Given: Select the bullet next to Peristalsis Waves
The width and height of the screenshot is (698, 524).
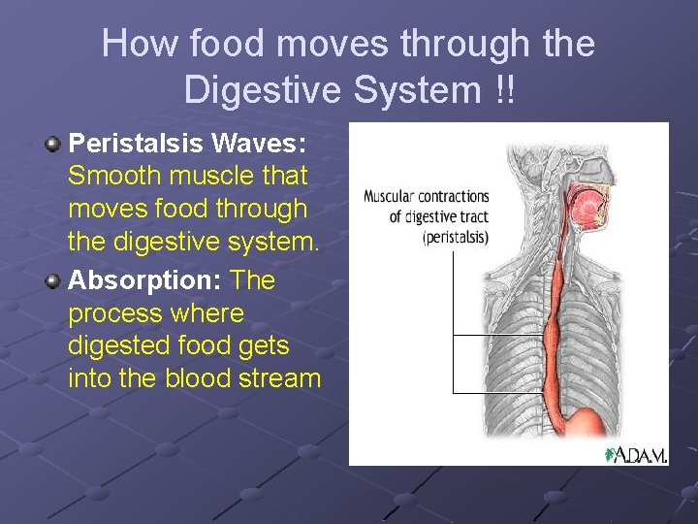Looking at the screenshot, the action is [53, 144].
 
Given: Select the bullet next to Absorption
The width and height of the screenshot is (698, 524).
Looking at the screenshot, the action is [53, 280].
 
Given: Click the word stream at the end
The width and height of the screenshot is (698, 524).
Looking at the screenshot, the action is [286, 377].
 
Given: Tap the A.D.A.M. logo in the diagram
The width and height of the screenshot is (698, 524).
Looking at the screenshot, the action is [637, 454].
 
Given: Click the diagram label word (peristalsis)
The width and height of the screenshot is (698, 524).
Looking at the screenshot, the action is [455, 237].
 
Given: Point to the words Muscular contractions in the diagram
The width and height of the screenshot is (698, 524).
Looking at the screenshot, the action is [426, 196].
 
